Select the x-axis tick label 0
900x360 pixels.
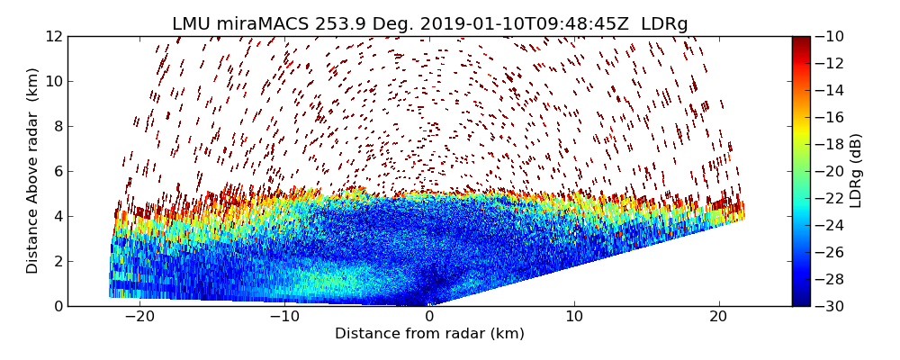pyautogui.click(x=430, y=317)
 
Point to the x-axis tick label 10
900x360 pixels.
pyautogui.click(x=574, y=317)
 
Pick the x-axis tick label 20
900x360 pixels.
pyautogui.click(x=719, y=317)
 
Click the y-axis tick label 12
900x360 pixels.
pyautogui.click(x=53, y=36)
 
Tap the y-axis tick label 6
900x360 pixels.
pyautogui.click(x=58, y=171)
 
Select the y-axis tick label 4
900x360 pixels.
pyautogui.click(x=58, y=216)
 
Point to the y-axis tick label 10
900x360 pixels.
pyautogui.click(x=53, y=81)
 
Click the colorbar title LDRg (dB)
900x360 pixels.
pyautogui.click(x=856, y=171)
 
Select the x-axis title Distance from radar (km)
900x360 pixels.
pyautogui.click(x=429, y=334)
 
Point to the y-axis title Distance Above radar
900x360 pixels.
pyautogui.click(x=33, y=171)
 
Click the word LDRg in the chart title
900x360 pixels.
pyautogui.click(x=664, y=23)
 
